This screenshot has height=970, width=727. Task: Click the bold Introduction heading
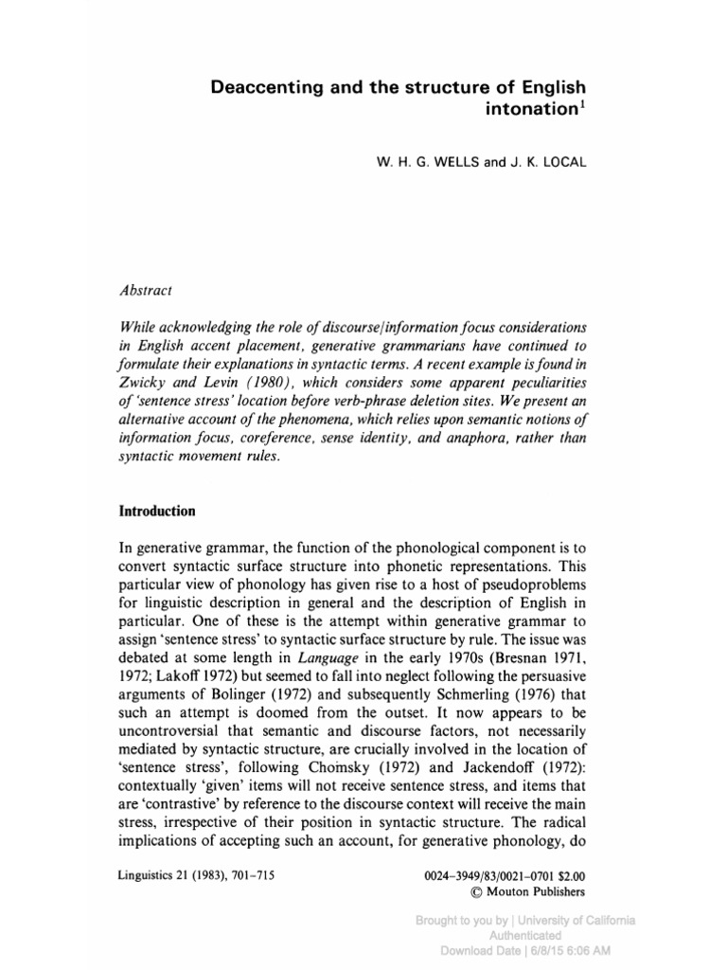[157, 511]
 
